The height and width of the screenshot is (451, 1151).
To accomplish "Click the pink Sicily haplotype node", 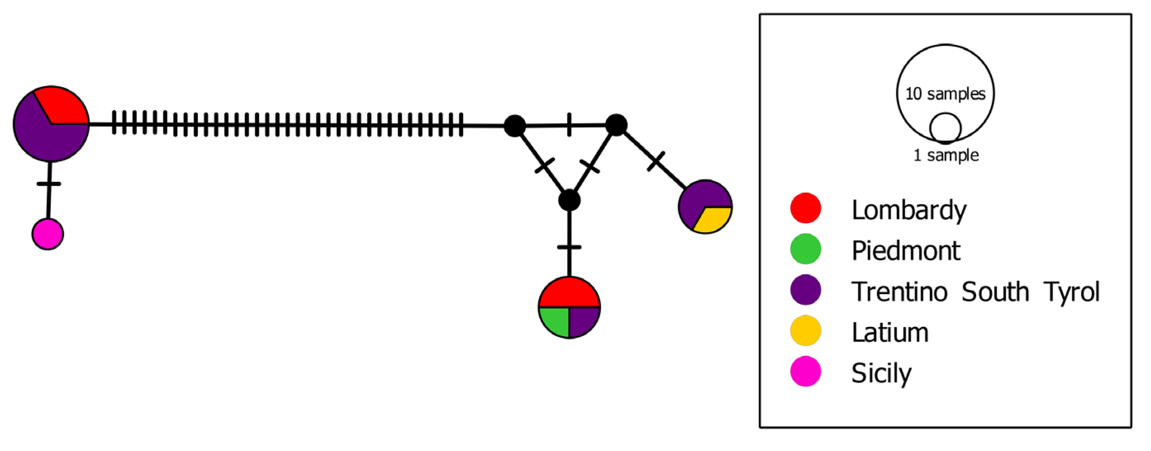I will coord(48,234).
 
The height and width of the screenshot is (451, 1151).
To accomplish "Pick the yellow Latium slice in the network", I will coord(713,220).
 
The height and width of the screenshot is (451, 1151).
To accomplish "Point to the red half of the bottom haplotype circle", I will coord(569,293).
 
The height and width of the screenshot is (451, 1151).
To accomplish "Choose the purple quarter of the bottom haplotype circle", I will coord(583,320).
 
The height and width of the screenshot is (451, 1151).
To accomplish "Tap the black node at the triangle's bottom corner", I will coord(569,200).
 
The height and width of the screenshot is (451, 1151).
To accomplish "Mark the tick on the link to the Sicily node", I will coord(49,184).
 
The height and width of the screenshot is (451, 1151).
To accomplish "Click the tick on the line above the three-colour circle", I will coord(569,247).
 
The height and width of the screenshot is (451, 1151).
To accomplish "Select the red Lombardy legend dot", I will coord(806,208).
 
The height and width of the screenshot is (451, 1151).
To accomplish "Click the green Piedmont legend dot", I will coord(806,249).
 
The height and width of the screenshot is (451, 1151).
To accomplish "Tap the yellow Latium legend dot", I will coord(806,331).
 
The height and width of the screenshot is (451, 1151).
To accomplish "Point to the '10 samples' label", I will coord(945,94).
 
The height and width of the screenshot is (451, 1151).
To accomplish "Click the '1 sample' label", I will coord(946,155).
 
